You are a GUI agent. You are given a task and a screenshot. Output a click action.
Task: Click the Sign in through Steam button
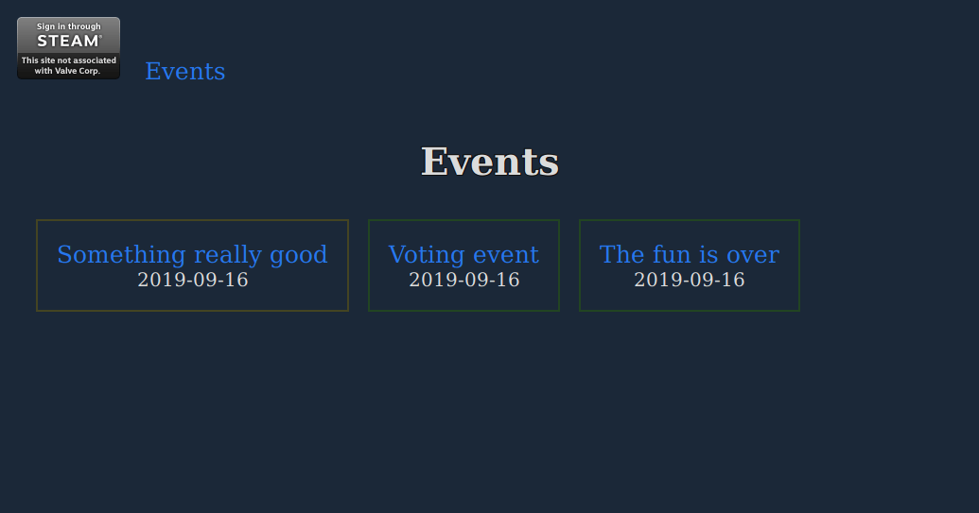pyautogui.click(x=68, y=48)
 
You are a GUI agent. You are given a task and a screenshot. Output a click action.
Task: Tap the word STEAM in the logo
pyautogui.click(x=67, y=42)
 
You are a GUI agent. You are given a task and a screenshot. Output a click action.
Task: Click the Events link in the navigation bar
pyautogui.click(x=184, y=71)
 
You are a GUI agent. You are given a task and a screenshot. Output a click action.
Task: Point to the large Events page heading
pyautogui.click(x=489, y=162)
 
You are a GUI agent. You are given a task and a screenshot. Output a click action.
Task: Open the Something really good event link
pyautogui.click(x=192, y=254)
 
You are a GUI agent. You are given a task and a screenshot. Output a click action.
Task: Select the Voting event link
pyautogui.click(x=463, y=254)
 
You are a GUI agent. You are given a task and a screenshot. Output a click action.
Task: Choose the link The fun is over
pyautogui.click(x=689, y=254)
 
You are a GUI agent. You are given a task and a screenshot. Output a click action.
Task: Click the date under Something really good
pyautogui.click(x=192, y=280)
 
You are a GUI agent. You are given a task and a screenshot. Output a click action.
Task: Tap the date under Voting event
pyautogui.click(x=463, y=280)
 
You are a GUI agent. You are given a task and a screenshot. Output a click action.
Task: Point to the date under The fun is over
pyautogui.click(x=689, y=280)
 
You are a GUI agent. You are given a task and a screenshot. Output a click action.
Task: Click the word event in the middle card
pyautogui.click(x=508, y=254)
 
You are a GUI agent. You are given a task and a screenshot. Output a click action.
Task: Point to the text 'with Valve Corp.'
pyautogui.click(x=68, y=71)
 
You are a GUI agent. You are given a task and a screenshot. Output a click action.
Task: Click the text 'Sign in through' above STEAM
pyautogui.click(x=68, y=26)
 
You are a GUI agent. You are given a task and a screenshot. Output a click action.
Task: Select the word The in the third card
pyautogui.click(x=621, y=254)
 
